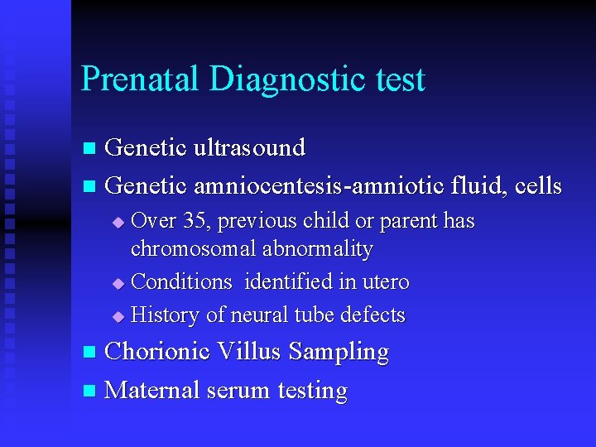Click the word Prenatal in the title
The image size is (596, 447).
140,79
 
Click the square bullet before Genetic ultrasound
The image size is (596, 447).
90,149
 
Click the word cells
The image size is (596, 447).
537,186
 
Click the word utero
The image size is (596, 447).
383,282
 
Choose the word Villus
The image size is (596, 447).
250,352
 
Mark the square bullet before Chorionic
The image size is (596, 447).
90,353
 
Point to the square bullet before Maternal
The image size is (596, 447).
90,391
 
